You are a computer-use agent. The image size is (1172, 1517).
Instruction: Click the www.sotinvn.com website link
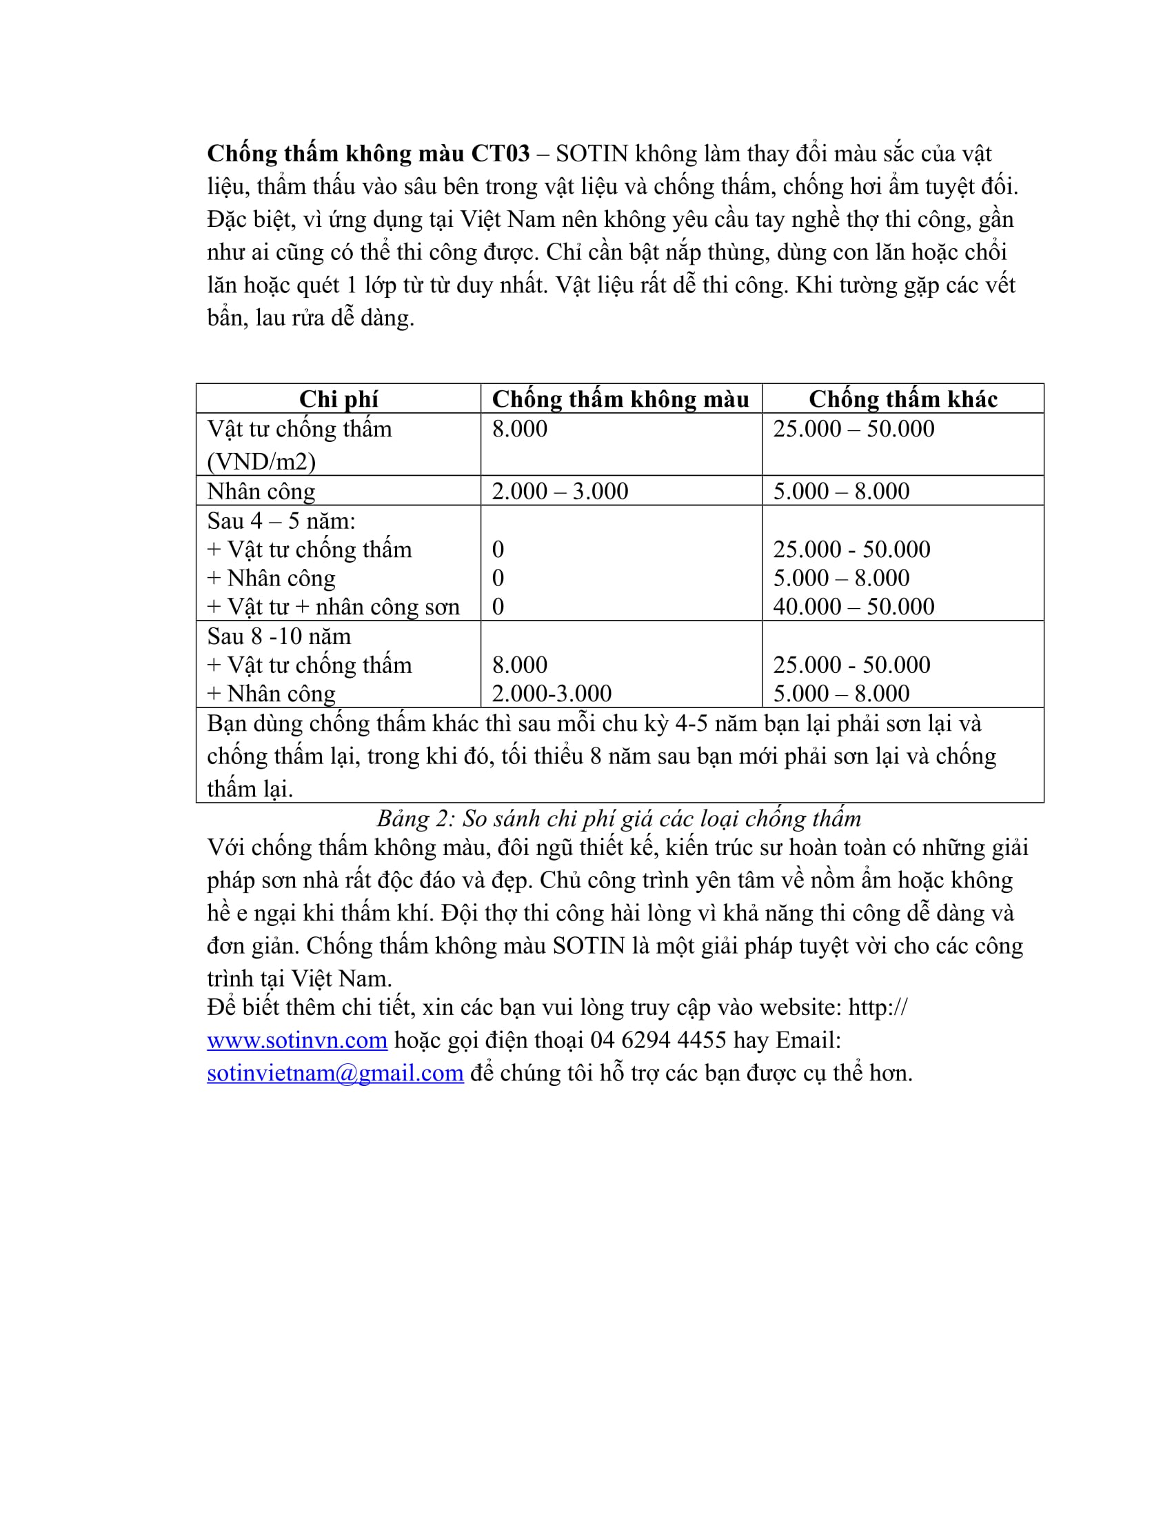click(x=296, y=1041)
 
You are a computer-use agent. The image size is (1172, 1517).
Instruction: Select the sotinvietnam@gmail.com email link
click(x=334, y=1073)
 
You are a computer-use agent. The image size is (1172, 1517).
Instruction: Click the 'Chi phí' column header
click(x=338, y=399)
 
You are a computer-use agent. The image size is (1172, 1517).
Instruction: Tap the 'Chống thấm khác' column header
click(x=902, y=399)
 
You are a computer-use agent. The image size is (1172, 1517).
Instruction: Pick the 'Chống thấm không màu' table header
click(x=620, y=399)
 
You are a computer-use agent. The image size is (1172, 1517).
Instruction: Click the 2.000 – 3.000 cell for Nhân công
click(x=560, y=492)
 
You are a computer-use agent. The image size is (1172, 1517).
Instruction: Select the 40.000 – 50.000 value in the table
click(x=853, y=607)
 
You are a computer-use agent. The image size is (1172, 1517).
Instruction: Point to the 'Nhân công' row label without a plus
click(x=261, y=492)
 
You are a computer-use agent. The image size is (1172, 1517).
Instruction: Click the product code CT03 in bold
click(x=500, y=154)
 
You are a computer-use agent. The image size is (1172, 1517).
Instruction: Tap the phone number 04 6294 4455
click(x=658, y=1041)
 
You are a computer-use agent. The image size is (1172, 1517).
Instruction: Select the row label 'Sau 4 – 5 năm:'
click(x=281, y=521)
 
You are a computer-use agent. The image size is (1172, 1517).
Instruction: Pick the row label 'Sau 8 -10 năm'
click(x=279, y=636)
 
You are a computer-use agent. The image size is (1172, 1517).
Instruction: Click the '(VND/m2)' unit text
click(x=261, y=462)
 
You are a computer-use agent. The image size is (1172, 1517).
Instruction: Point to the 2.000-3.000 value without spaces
click(x=552, y=694)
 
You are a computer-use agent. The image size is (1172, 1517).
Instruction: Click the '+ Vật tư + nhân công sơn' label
click(x=333, y=607)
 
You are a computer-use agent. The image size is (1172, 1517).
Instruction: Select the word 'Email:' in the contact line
click(x=807, y=1041)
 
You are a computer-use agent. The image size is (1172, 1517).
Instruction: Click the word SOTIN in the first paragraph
click(x=592, y=154)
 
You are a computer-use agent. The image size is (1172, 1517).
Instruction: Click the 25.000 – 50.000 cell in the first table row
click(x=853, y=430)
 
